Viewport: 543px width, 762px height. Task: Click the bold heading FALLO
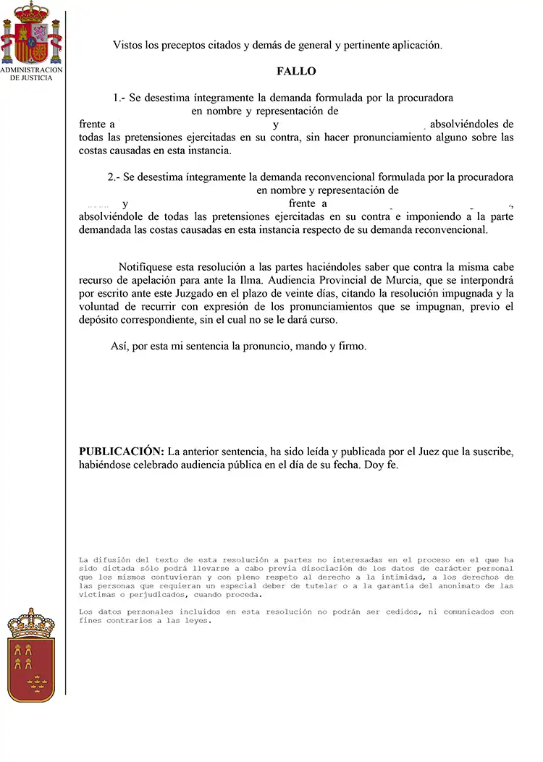[296, 72]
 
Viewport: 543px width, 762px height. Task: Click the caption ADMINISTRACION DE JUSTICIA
[31, 74]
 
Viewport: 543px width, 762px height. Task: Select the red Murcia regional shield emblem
[31, 654]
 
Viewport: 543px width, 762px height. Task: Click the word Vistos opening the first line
[128, 45]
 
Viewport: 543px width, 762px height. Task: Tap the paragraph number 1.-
[120, 98]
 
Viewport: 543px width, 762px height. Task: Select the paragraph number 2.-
[114, 177]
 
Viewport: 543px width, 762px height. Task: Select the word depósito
[98, 321]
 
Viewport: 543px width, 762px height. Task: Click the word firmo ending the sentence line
[352, 347]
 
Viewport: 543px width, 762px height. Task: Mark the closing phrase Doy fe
[383, 465]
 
